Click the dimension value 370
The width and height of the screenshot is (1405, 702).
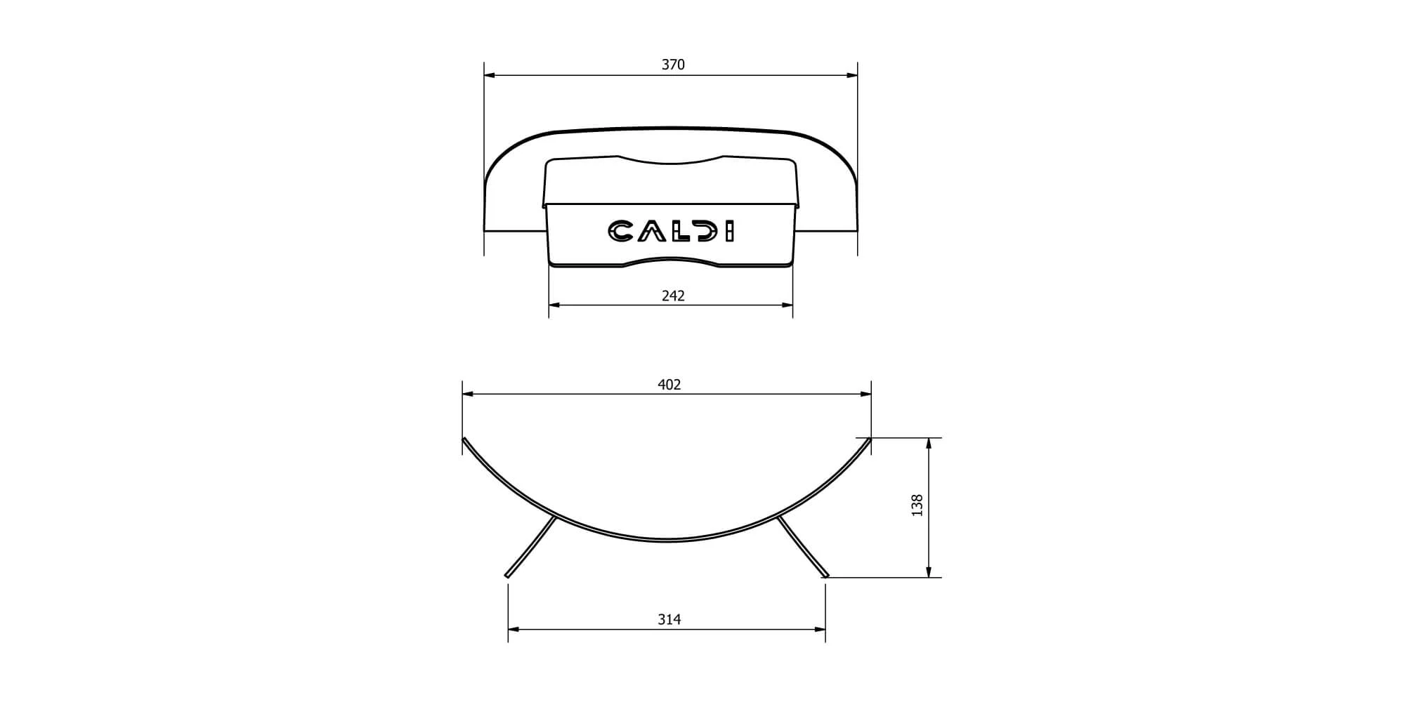click(x=673, y=65)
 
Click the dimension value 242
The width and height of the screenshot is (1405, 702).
click(x=673, y=296)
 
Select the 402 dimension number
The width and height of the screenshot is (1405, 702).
click(x=669, y=385)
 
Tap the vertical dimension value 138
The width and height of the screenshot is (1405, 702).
click(x=917, y=505)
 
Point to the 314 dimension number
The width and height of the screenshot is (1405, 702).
click(x=669, y=619)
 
